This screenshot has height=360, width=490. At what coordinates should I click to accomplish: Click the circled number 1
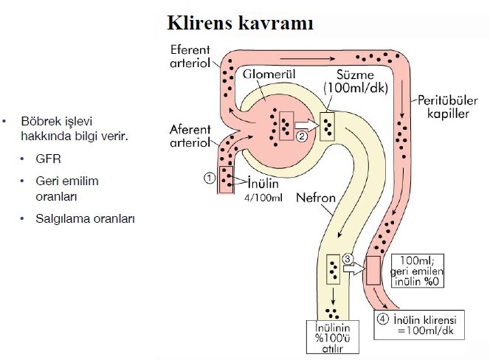point(209,177)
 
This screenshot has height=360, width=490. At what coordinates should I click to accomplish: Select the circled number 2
point(300,135)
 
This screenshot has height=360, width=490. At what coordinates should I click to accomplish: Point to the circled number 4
point(382,319)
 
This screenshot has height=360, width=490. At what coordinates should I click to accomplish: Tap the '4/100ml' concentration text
point(264,197)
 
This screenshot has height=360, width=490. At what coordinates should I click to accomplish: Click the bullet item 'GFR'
point(46,159)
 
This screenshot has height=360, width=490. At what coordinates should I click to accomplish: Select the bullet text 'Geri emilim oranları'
point(66,188)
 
